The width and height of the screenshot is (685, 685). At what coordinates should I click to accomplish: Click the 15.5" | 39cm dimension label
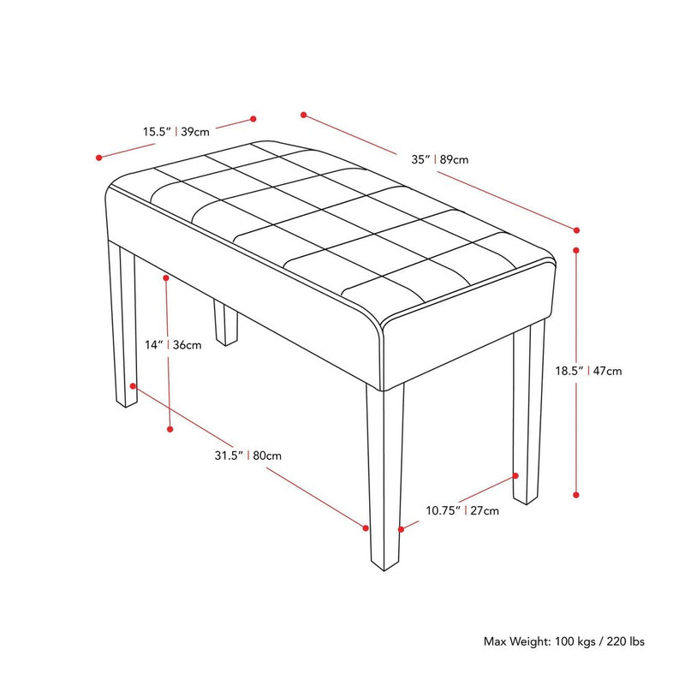pos(176,132)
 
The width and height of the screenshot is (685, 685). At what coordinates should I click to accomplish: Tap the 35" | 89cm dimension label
pos(439,159)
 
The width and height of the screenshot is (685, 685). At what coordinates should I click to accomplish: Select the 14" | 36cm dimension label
pos(173,345)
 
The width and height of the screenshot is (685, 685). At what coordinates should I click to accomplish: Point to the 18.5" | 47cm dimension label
pos(588,371)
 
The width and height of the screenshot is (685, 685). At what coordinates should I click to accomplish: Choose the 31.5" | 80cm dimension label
pos(247,456)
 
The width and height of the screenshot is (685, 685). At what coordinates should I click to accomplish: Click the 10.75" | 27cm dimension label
pos(462,510)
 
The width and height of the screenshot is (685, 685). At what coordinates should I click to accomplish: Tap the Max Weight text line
pos(563,641)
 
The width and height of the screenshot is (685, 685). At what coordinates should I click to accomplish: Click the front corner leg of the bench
pos(384,476)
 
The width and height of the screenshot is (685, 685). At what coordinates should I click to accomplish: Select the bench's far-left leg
pos(122,324)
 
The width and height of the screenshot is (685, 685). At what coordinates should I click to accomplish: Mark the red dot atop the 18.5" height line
pos(576,250)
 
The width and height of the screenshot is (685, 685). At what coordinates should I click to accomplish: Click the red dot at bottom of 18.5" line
pos(576,495)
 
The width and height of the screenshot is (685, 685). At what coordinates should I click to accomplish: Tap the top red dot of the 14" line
pos(166,277)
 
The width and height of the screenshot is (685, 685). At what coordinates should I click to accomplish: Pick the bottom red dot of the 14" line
pos(170,430)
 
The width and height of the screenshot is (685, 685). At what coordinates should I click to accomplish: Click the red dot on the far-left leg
pos(133,386)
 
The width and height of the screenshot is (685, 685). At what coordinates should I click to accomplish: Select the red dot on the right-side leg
pos(516,476)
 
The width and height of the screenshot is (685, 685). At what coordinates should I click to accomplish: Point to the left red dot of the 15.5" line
pos(99,158)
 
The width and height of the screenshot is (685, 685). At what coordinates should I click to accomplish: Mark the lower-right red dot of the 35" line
pos(576,230)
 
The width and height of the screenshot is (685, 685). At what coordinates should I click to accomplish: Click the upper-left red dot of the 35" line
pos(304,115)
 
